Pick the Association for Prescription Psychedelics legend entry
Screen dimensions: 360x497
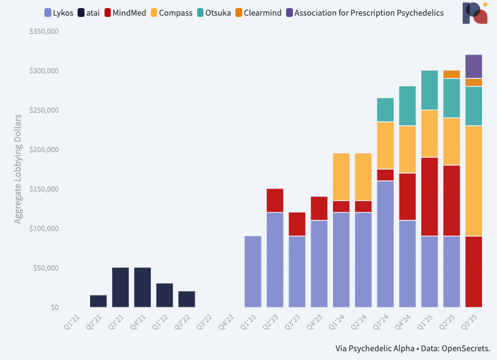(369, 13)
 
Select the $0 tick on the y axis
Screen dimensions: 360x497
(54, 307)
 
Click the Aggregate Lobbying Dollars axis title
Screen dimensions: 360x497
(18, 169)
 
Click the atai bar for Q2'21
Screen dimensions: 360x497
(98, 301)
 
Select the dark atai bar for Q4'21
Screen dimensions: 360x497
(142, 287)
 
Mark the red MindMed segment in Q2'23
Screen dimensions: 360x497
(275, 200)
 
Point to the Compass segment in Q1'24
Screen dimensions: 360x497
(341, 177)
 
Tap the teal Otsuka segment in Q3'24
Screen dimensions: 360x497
(386, 110)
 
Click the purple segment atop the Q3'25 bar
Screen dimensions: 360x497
(474, 66)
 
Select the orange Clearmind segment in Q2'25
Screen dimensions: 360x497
(451, 75)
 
